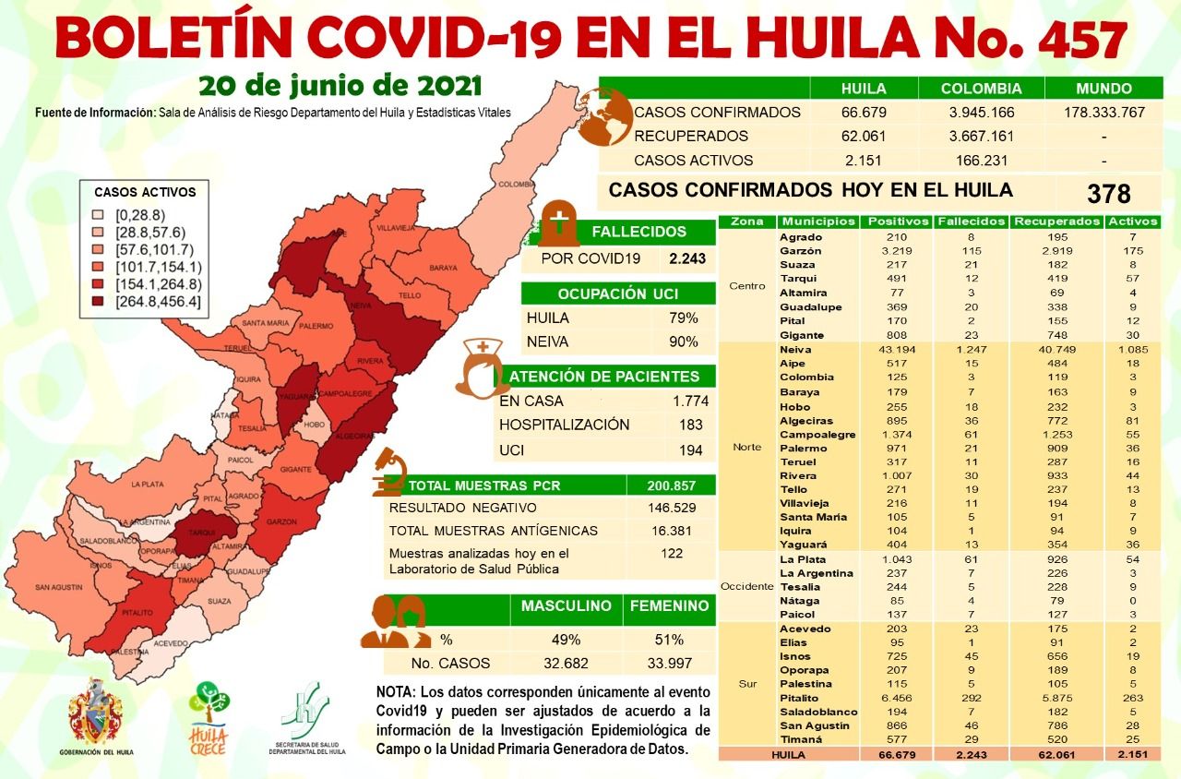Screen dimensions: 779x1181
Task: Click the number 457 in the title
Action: [x=1081, y=40]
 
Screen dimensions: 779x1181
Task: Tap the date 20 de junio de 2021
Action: [x=340, y=86]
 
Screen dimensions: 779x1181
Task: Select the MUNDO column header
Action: [x=1103, y=89]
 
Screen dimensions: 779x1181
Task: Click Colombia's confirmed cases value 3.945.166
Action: [x=981, y=113]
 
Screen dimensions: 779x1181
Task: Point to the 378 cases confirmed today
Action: [x=1108, y=194]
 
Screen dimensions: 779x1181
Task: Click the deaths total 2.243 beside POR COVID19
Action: [x=686, y=258]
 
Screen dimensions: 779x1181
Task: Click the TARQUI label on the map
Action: [x=202, y=533]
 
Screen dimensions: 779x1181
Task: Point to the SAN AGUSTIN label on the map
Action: [x=58, y=588]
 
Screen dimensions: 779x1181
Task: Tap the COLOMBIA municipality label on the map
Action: [x=516, y=184]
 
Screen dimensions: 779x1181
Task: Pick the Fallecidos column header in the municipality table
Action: [x=971, y=222]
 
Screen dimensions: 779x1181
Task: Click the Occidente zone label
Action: [x=746, y=587]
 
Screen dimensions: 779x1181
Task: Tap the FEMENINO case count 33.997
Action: [x=669, y=663]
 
